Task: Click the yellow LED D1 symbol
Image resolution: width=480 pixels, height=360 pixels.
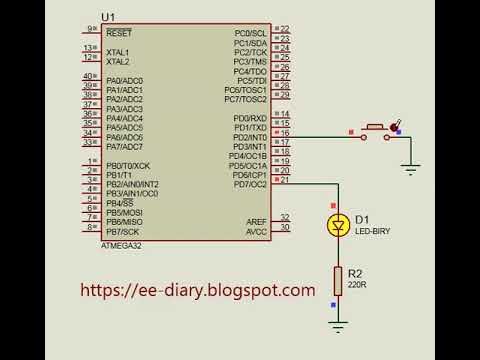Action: (x=339, y=226)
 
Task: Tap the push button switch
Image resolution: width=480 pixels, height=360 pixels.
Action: (x=376, y=130)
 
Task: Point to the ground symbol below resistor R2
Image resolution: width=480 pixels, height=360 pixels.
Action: (x=339, y=325)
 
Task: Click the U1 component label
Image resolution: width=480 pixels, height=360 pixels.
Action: (x=109, y=18)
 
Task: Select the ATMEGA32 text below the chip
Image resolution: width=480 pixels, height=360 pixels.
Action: (x=123, y=245)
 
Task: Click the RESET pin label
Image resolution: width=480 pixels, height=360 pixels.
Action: (x=118, y=33)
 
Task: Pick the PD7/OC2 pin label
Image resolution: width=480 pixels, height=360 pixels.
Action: (x=249, y=184)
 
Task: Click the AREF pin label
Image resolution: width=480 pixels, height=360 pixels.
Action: (x=256, y=221)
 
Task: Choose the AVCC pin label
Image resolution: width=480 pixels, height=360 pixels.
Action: (x=256, y=231)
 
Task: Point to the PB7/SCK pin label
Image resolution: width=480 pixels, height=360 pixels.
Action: (x=123, y=231)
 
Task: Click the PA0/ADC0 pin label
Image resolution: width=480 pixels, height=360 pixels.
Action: (x=124, y=80)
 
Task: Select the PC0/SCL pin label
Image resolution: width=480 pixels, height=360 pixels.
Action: (x=250, y=33)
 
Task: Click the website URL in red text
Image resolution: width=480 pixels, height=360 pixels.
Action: (x=197, y=290)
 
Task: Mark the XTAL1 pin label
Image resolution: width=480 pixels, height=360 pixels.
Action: (x=118, y=52)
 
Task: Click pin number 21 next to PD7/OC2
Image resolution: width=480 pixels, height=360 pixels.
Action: (x=285, y=179)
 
